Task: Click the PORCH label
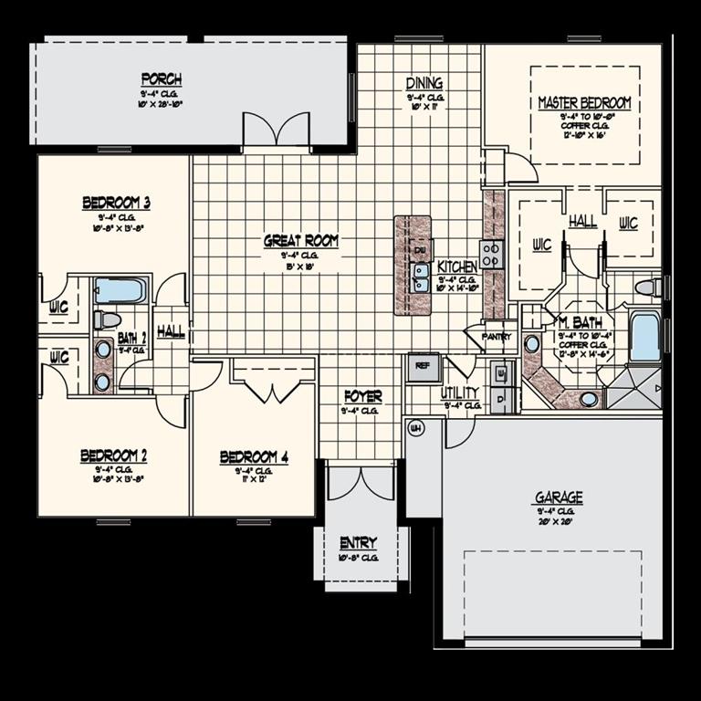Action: point(161,78)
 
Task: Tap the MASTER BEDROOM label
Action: point(584,103)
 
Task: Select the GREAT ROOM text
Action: point(301,241)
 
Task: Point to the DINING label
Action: point(424,83)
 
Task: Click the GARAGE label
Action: point(559,497)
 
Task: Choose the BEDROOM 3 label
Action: point(116,203)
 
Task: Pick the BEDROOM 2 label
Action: point(114,455)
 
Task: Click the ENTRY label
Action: point(358,543)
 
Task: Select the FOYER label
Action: point(362,397)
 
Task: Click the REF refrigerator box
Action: point(423,366)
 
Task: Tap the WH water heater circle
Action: point(415,428)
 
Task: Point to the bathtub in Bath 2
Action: point(120,291)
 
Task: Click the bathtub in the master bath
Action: point(644,337)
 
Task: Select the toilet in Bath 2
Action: point(108,319)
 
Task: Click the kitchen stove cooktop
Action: point(492,254)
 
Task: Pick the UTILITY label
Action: point(460,392)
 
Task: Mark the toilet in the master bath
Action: point(647,288)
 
